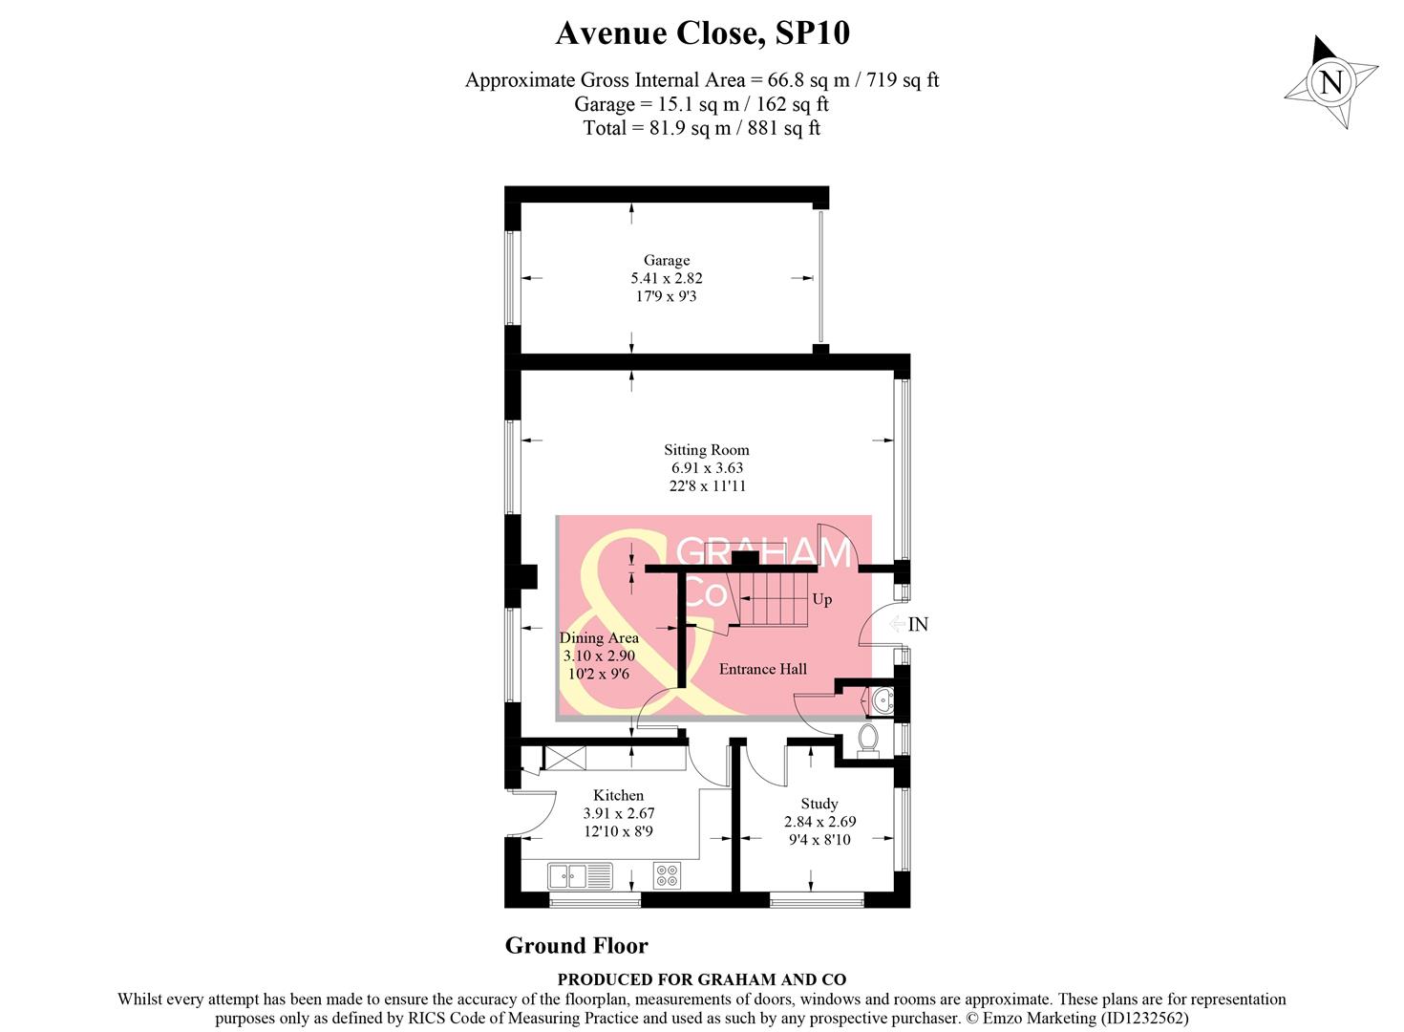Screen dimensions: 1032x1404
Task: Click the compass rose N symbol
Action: [x=1330, y=82]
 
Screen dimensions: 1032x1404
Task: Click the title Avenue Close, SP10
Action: [x=702, y=33]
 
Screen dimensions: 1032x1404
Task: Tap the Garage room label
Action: [x=666, y=260]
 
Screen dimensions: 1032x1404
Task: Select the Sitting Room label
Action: [x=707, y=449]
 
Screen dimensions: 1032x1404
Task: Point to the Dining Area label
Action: [x=599, y=637]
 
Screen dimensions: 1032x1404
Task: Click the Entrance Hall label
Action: [x=762, y=669]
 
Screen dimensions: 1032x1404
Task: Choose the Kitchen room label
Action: [x=618, y=795]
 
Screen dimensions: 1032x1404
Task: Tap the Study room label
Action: [x=819, y=804]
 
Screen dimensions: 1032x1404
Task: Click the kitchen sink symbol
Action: [x=580, y=875]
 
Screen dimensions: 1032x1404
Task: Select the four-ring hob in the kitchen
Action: [x=667, y=875]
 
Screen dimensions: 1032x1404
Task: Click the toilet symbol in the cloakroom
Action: [x=868, y=740]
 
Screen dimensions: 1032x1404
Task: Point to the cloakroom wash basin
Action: [x=883, y=702]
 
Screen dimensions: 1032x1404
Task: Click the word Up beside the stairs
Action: [x=821, y=599]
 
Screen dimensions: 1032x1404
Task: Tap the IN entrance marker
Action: [x=918, y=624]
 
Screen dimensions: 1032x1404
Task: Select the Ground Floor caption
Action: [x=576, y=945]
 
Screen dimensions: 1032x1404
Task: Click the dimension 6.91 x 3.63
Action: [x=707, y=467]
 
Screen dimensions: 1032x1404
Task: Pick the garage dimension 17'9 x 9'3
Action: [x=666, y=296]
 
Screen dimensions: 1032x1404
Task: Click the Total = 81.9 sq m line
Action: [x=702, y=128]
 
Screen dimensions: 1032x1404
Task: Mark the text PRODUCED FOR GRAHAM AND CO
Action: [x=702, y=979]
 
